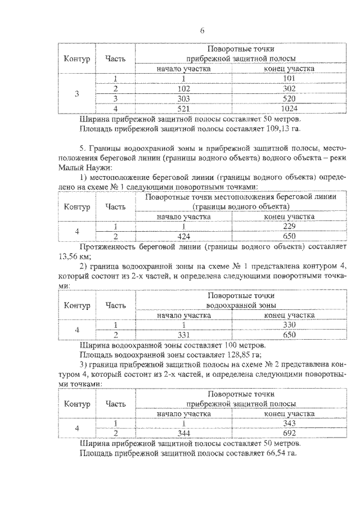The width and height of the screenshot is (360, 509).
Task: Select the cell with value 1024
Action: [289, 108]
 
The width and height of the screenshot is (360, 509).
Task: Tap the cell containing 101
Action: [289, 79]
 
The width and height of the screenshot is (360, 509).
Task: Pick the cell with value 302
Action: [289, 88]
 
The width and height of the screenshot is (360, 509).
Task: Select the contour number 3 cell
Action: [77, 93]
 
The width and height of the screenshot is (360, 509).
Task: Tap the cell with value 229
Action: [289, 226]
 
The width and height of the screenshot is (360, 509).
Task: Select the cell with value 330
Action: [289, 325]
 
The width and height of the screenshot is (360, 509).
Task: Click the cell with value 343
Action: [289, 423]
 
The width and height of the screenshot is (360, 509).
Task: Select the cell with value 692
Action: [289, 433]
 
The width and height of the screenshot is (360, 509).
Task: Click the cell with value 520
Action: [289, 98]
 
